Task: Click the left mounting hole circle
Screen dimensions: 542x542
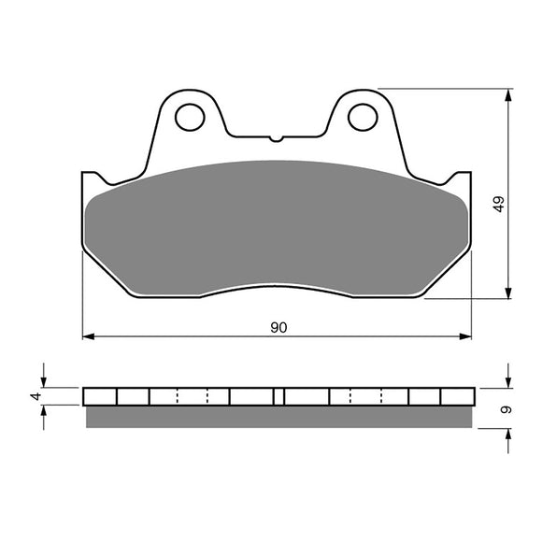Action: [191, 117]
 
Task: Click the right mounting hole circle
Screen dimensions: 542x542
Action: [361, 117]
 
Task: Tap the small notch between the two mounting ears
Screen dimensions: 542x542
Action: [276, 139]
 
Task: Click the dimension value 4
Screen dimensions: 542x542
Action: [36, 397]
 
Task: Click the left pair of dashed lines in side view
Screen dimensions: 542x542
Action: [193, 396]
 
